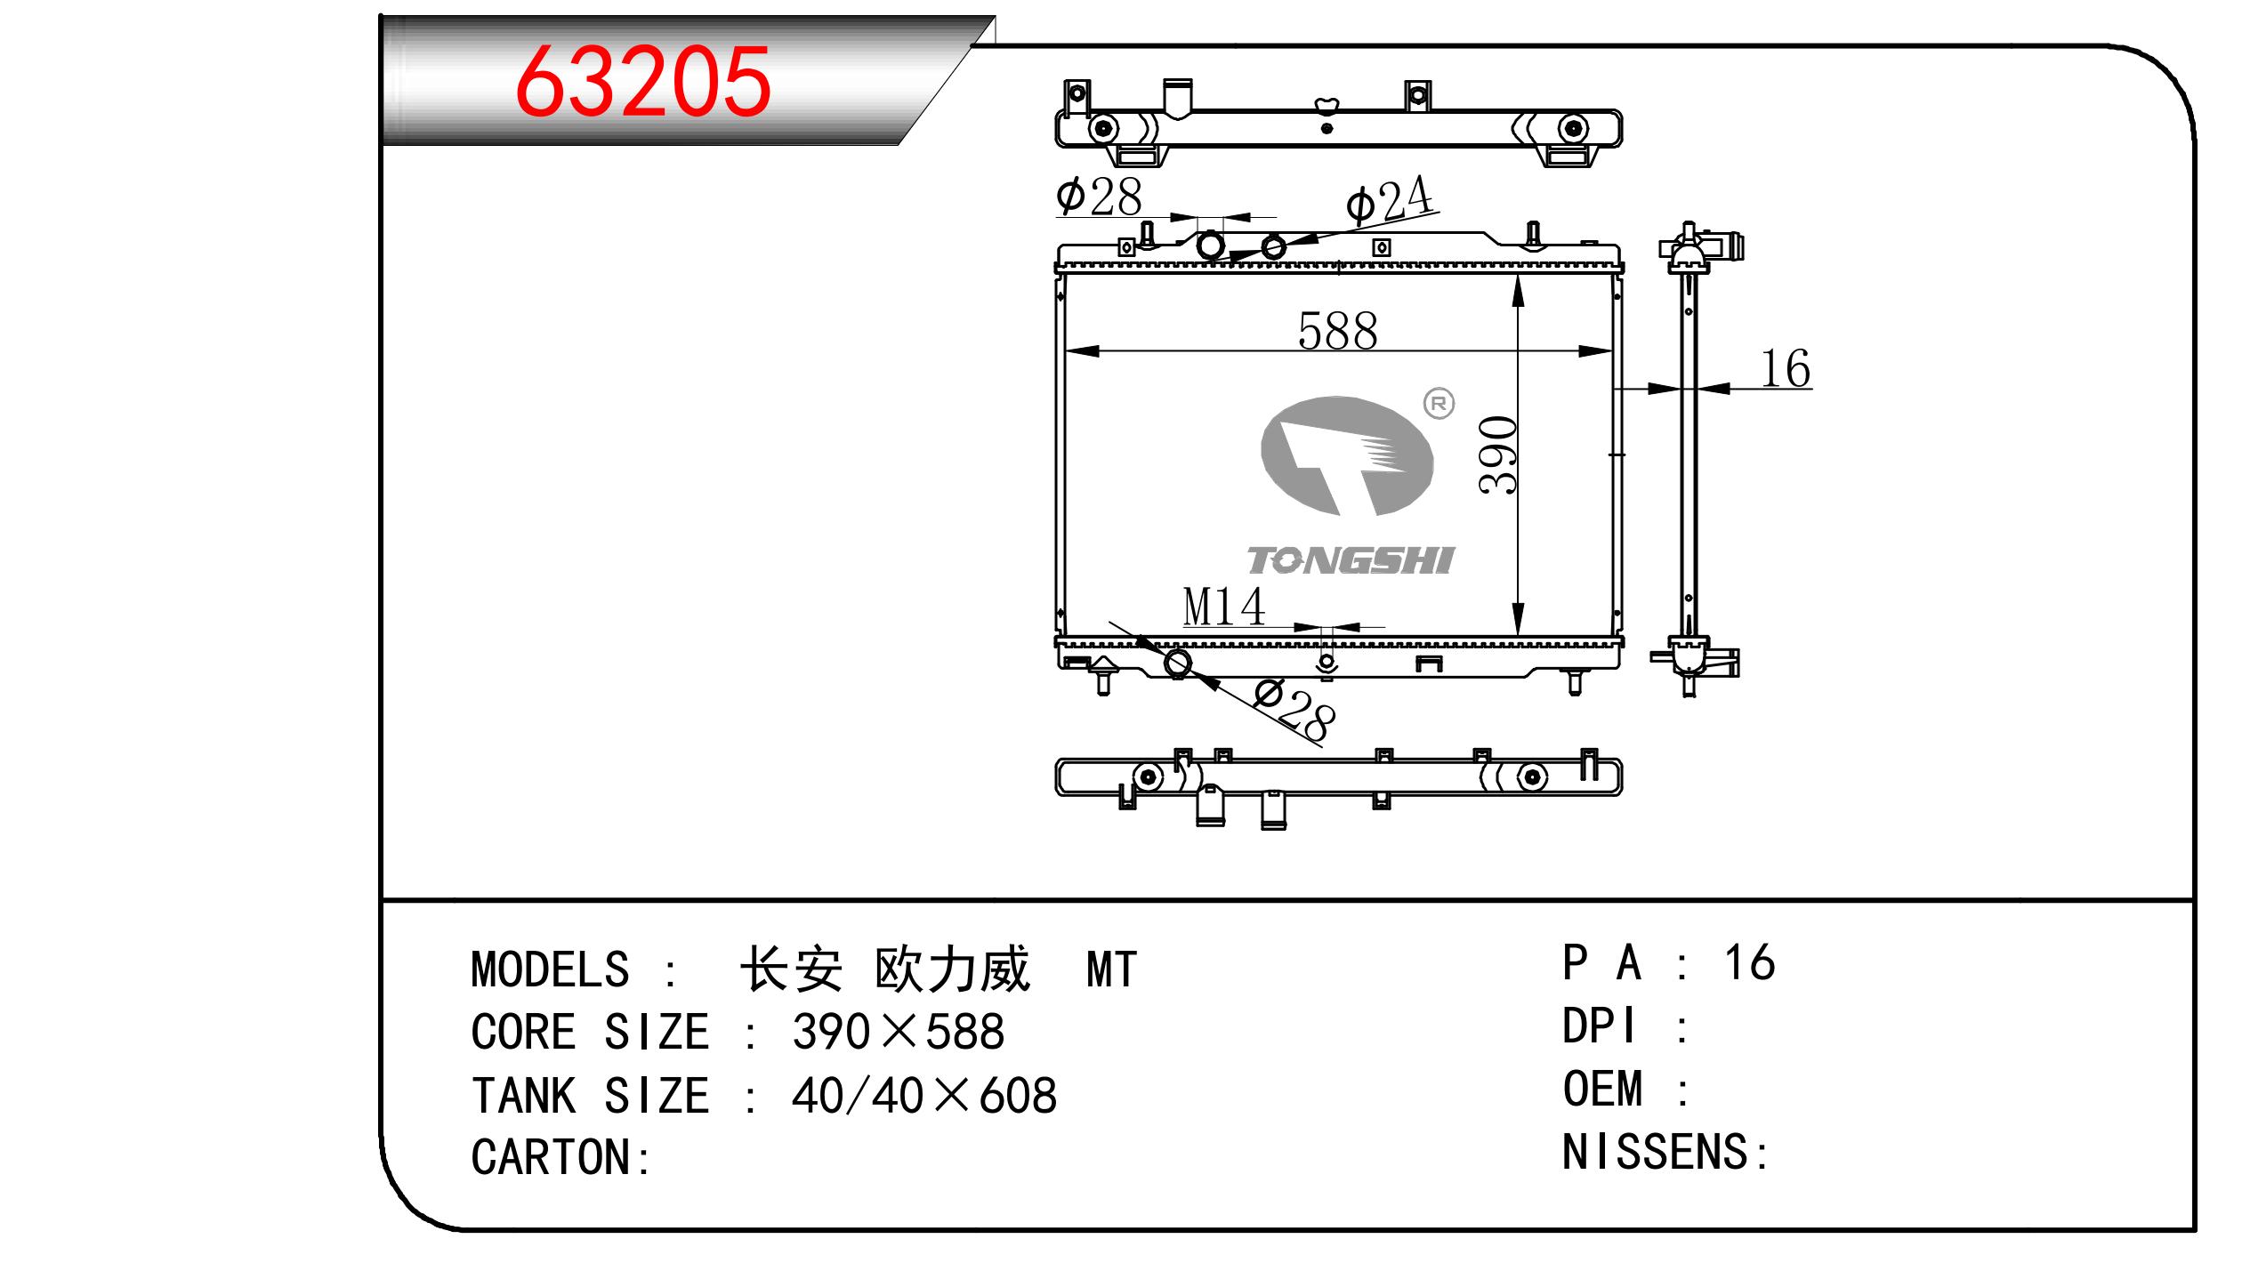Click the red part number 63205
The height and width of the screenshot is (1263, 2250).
point(642,81)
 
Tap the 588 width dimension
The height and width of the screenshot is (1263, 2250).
point(1337,331)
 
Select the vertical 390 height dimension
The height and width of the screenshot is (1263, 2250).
point(1498,455)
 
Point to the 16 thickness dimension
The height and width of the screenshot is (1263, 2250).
point(1786,369)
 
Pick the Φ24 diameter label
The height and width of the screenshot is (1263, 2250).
point(1391,202)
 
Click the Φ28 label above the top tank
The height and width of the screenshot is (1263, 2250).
point(1099,197)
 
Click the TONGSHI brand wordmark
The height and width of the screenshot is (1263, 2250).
point(1350,560)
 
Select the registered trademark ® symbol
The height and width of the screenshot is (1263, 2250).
point(1439,404)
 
